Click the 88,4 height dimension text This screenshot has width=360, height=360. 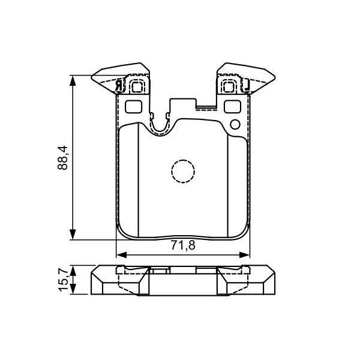pyautogui.click(x=62, y=157)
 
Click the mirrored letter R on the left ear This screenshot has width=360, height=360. pyautogui.click(x=119, y=86)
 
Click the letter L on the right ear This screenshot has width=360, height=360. pyautogui.click(x=245, y=86)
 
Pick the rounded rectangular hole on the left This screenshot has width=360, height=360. pyautogui.click(x=133, y=107)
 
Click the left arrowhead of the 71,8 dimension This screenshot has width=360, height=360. pyautogui.click(x=119, y=253)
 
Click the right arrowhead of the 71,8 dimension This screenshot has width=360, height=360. pyautogui.click(x=247, y=253)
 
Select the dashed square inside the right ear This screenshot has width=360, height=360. pyautogui.click(x=229, y=86)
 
